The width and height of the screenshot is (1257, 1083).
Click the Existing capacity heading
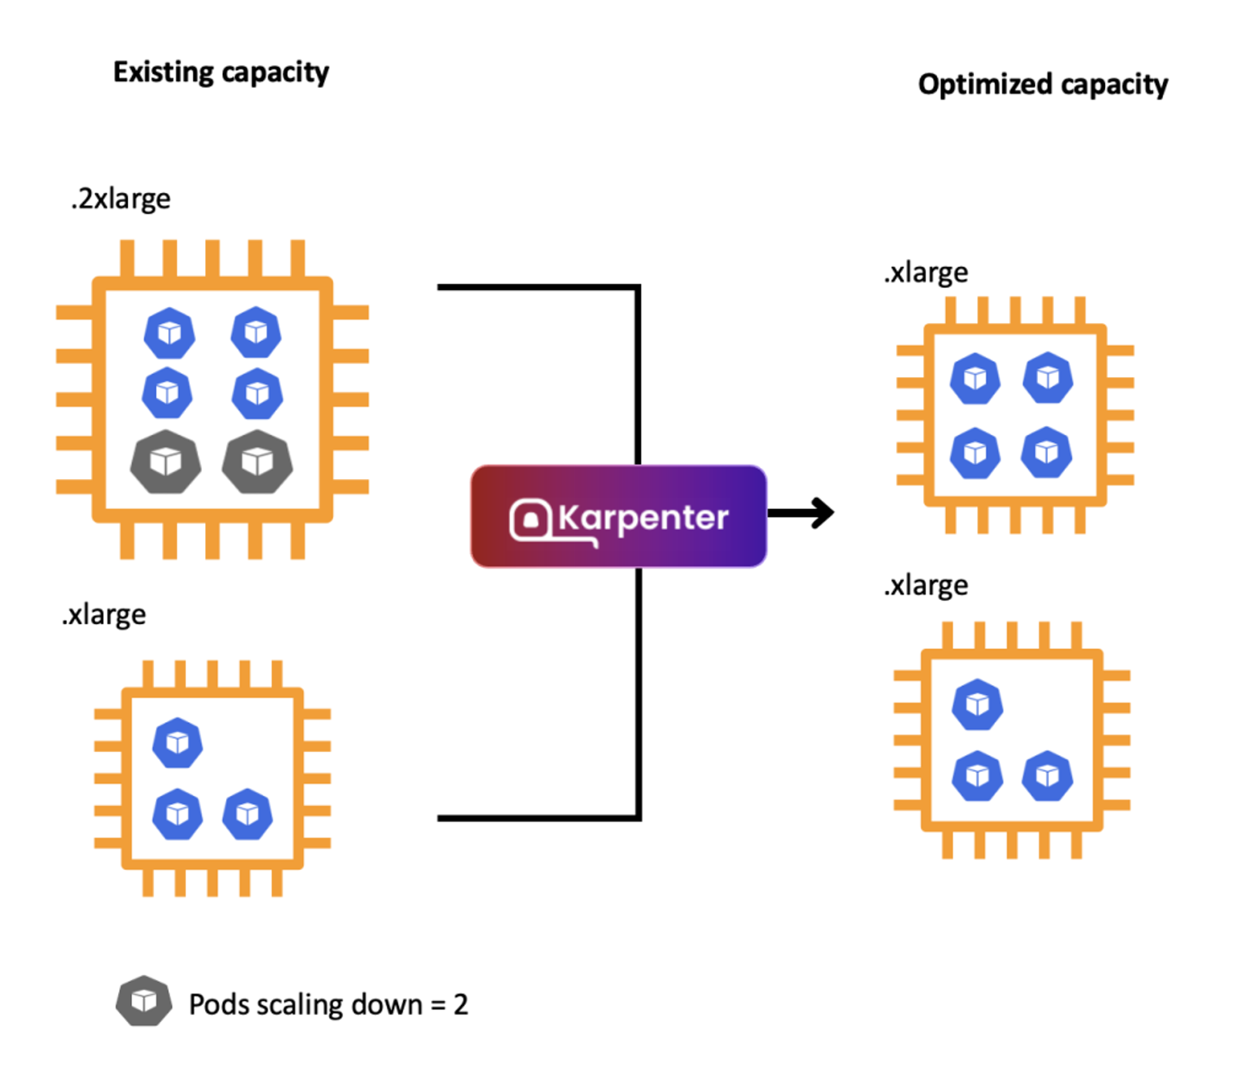tap(221, 73)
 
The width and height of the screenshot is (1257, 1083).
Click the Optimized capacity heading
tap(1043, 84)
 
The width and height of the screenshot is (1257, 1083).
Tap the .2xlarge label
tap(121, 199)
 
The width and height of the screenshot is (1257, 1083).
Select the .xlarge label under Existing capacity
tap(104, 615)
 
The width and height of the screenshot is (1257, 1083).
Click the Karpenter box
tap(618, 516)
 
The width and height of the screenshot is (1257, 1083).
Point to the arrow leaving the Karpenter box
tap(802, 512)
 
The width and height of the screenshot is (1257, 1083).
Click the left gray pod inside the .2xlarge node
tap(166, 462)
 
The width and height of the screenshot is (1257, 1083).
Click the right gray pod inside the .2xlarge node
tap(257, 462)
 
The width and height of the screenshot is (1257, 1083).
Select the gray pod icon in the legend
tap(144, 1001)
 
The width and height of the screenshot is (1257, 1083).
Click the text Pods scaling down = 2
tap(329, 1004)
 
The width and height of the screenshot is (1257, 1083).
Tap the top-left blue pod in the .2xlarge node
tap(170, 333)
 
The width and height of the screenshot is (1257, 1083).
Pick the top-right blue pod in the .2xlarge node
tap(256, 332)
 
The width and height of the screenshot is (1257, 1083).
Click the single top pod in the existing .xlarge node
tap(177, 743)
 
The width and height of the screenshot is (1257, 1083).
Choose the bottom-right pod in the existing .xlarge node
tap(248, 814)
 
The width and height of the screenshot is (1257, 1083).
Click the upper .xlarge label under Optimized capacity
tap(926, 272)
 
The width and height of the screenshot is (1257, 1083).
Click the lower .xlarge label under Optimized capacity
tap(926, 585)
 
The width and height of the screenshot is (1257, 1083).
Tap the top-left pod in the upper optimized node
tap(975, 379)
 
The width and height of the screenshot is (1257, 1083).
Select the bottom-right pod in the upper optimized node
tap(1046, 452)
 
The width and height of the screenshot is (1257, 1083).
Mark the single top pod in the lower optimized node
tap(978, 704)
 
